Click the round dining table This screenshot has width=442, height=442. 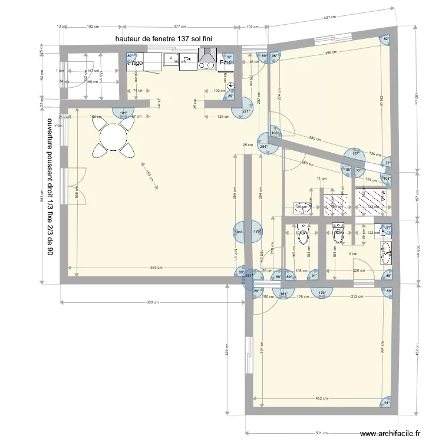point(113,138)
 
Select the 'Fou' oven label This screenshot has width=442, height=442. point(225,62)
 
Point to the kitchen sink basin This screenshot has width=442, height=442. point(170,59)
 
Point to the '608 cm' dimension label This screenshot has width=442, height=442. point(153,302)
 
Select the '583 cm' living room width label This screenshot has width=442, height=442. point(156,269)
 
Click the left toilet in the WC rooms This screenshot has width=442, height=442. point(303,235)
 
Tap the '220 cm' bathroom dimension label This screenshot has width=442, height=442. point(359,271)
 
